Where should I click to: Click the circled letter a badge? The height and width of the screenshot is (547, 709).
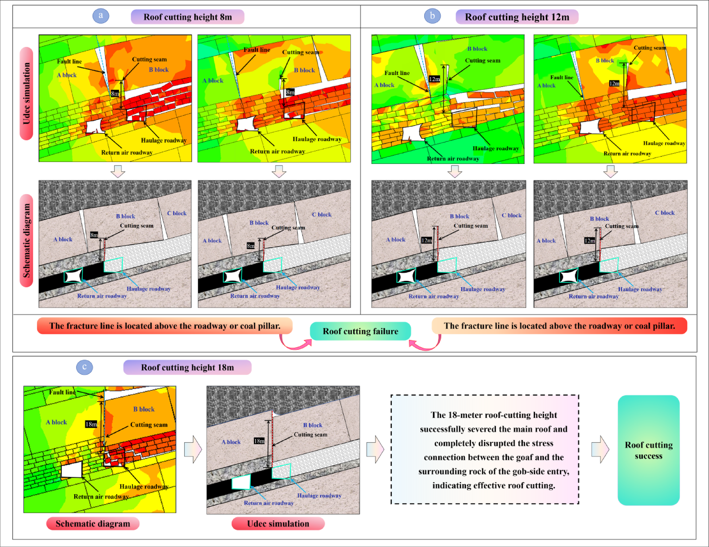(101, 16)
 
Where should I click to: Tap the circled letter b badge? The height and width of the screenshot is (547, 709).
(432, 16)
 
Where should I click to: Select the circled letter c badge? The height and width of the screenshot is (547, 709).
(84, 367)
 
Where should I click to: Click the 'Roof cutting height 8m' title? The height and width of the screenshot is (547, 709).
(188, 17)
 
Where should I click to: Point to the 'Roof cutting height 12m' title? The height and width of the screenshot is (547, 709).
(517, 17)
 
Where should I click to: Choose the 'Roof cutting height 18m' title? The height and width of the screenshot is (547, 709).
(187, 367)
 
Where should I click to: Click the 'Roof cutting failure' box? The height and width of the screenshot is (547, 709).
(360, 331)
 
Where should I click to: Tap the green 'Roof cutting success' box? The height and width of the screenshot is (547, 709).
(648, 450)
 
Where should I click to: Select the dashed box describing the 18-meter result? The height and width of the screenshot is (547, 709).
(485, 449)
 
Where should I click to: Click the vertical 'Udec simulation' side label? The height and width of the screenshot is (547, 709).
(26, 94)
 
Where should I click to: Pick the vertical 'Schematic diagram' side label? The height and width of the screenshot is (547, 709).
(26, 241)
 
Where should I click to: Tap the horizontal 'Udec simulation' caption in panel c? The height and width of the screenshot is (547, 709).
(278, 524)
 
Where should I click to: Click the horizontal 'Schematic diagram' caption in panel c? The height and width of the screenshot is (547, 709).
(93, 524)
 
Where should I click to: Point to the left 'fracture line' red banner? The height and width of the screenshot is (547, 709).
(165, 326)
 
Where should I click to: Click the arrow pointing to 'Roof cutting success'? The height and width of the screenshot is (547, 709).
(600, 449)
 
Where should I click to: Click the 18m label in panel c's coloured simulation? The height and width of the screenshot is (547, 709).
(91, 424)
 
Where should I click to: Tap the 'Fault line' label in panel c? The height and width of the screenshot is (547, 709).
(62, 392)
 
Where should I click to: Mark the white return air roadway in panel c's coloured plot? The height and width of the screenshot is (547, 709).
(72, 469)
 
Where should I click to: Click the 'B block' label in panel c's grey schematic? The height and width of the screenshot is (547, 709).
(312, 425)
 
